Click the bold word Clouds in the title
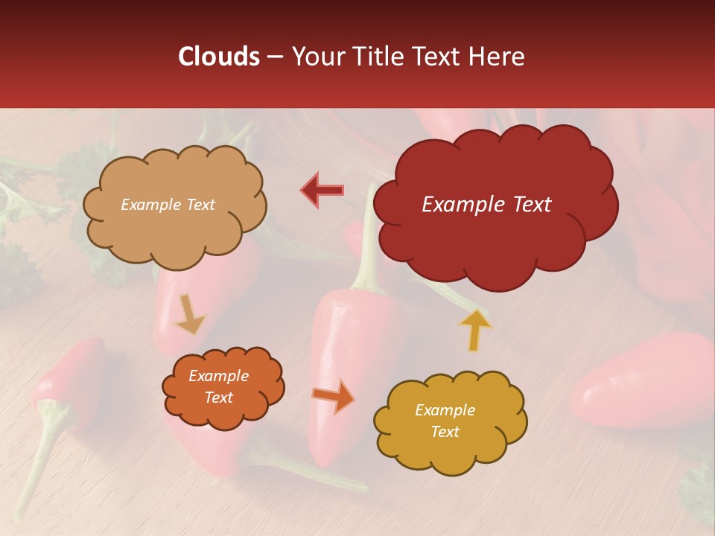point(219,57)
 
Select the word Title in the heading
point(381,57)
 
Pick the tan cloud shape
point(174,231)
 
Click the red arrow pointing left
point(323,190)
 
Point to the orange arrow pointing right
point(334,397)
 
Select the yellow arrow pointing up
point(475,329)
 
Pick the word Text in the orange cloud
point(219,398)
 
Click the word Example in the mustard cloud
point(445,410)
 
